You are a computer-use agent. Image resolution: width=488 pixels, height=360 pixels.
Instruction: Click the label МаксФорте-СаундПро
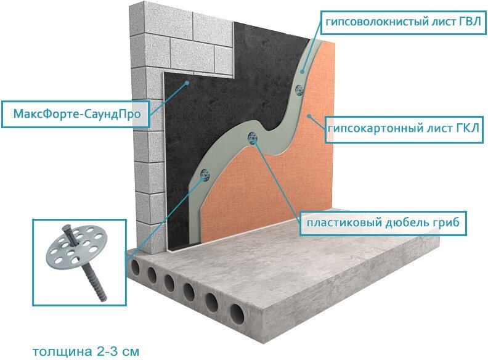coord(75,113)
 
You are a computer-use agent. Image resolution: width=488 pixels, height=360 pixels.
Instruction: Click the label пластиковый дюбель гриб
coord(383,222)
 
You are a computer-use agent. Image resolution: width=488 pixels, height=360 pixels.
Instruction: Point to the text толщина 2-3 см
coord(86,351)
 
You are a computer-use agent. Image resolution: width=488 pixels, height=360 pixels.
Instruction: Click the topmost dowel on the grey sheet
coord(299,89)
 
